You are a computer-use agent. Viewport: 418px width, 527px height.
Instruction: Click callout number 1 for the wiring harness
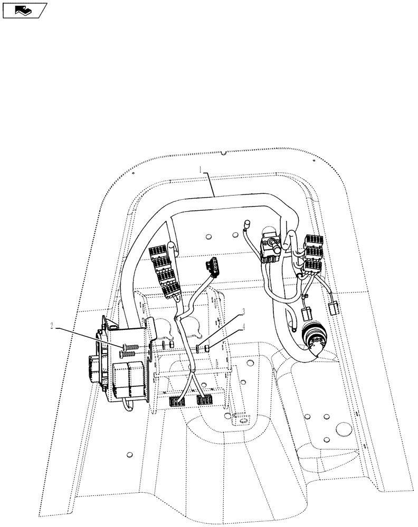pos(202,170)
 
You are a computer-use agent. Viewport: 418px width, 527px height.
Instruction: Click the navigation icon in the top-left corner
pos(24,9)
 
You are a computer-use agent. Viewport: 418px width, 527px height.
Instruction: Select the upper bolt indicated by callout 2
pos(132,347)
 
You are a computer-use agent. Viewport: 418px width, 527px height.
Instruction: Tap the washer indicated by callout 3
pos(199,348)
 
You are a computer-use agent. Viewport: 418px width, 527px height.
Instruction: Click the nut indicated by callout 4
pos(208,348)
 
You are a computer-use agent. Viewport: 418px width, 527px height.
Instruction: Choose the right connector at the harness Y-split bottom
pos(205,399)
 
